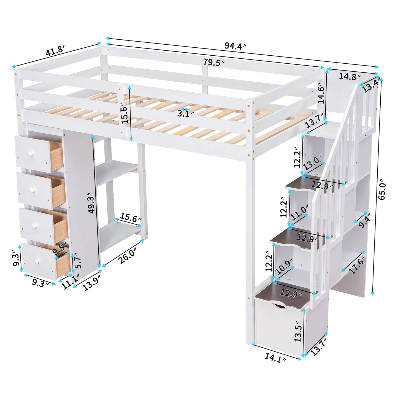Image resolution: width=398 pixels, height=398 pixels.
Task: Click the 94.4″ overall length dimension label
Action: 235,46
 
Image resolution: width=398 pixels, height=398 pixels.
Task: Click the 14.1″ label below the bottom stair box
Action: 275,358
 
